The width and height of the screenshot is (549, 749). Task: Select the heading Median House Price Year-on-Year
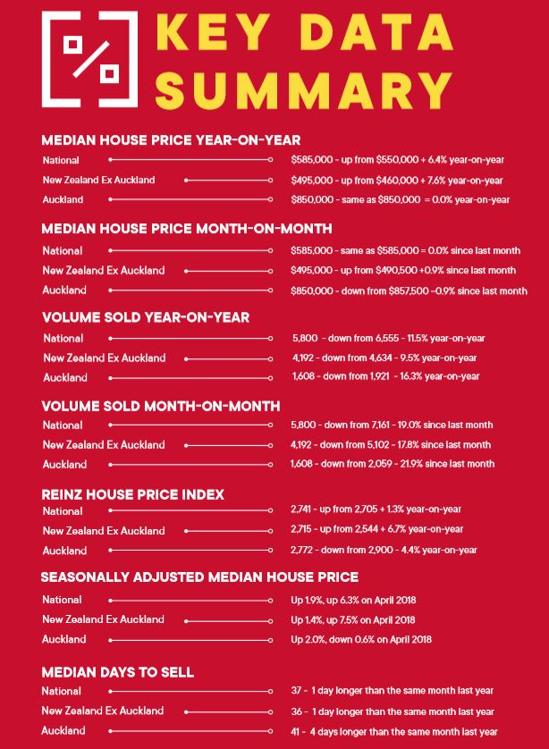pos(171,140)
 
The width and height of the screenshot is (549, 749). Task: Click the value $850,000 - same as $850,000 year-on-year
pos(401,199)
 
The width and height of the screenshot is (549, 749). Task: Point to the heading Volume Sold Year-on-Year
pos(146,317)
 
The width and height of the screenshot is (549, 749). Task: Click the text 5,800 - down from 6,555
pos(388,339)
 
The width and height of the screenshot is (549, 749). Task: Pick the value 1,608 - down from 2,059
pos(393,464)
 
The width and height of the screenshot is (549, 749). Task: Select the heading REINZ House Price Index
pos(133,494)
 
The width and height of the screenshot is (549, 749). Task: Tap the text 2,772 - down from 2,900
pos(384,551)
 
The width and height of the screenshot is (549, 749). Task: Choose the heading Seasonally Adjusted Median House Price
pos(200,577)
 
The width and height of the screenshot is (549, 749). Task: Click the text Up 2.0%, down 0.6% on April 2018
pos(361,639)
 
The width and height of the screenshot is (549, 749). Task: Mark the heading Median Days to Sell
pos(118,672)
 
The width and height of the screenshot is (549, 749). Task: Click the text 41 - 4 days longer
pos(393,731)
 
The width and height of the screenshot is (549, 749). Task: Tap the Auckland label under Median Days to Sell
pos(63,731)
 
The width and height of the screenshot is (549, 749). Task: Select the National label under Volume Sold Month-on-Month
pos(63,425)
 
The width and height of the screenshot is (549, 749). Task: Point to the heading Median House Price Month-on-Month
pos(187,229)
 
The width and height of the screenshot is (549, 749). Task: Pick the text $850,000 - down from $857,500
pos(409,290)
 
